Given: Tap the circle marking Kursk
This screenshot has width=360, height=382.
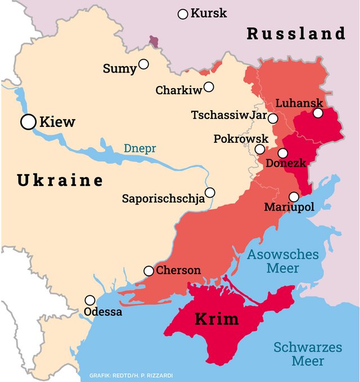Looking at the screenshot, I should [x=183, y=14].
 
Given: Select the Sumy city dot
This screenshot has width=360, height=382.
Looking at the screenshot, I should [x=144, y=64].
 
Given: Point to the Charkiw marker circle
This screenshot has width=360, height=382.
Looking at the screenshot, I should [x=209, y=87].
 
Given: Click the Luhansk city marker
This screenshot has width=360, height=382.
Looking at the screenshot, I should [x=318, y=113].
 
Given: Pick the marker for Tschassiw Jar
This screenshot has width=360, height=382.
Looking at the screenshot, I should [x=273, y=119].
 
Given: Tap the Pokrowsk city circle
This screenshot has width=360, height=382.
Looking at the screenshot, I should [x=260, y=149].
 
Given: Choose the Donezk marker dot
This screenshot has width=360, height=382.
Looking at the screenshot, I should [x=282, y=153].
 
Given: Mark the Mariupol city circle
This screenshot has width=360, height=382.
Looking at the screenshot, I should [x=294, y=197].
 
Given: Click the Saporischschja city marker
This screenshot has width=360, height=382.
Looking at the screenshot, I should [x=210, y=193].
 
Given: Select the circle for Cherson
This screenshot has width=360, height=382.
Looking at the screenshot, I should [x=148, y=271].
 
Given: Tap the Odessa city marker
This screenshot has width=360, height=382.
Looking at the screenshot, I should [x=90, y=300].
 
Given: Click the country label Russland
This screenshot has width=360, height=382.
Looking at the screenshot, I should [x=296, y=34].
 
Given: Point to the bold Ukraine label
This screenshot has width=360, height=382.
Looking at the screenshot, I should [x=60, y=180].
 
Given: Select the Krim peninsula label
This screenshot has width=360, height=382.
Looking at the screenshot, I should [x=217, y=319].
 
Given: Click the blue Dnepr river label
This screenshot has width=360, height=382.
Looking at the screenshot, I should [x=139, y=149].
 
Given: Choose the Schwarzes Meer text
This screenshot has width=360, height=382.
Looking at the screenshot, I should [x=308, y=353].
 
